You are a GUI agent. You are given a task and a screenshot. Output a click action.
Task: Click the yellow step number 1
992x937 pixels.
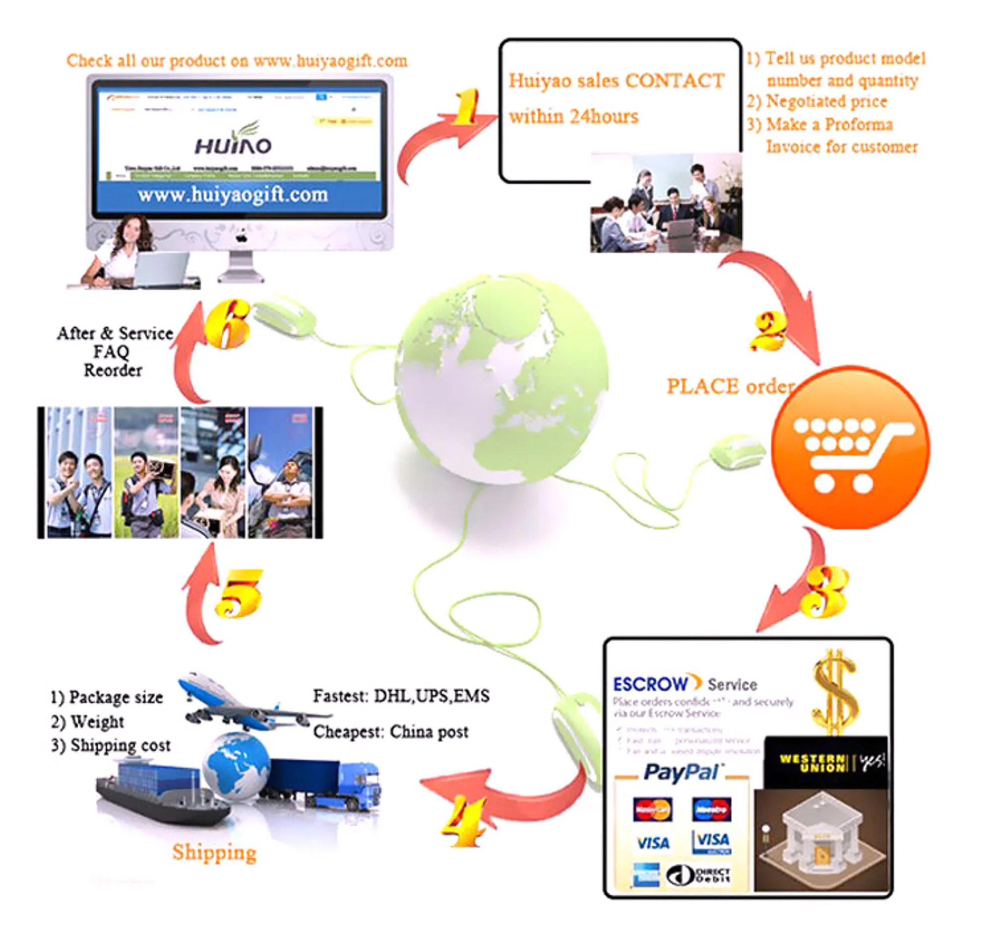click(x=465, y=107)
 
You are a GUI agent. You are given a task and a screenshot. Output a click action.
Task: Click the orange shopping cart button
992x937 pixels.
click(x=850, y=447)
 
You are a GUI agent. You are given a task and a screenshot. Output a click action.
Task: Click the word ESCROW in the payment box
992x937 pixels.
click(x=650, y=684)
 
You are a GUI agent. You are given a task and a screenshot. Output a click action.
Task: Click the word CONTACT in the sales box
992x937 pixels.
click(x=675, y=81)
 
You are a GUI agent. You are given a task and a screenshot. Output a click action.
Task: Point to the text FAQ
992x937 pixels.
click(x=111, y=352)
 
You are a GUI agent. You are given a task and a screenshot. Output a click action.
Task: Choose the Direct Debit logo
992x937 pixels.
click(x=699, y=874)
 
